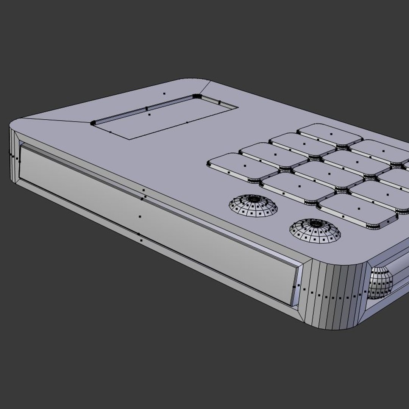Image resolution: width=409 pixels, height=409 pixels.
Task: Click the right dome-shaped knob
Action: (x=315, y=230)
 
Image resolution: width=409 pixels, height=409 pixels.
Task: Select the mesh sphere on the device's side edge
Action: (x=380, y=283)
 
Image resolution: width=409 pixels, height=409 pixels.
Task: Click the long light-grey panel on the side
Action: (x=151, y=220)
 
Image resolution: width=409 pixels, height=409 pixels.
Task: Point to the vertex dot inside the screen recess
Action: (x=149, y=114)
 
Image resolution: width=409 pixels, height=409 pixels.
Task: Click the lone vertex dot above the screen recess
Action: (x=164, y=94)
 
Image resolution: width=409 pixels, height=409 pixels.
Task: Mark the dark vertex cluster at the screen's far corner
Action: (x=197, y=96)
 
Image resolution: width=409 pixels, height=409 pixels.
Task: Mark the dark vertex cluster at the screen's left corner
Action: (x=93, y=123)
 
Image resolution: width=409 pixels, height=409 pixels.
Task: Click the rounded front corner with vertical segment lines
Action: (x=333, y=295)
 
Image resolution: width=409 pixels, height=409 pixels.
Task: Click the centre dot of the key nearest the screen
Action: (x=245, y=166)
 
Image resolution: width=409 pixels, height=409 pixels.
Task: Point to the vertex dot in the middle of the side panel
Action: (x=140, y=217)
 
